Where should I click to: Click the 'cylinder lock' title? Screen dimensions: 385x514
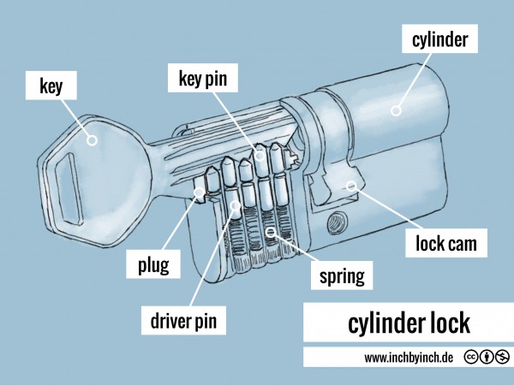pos(409,324)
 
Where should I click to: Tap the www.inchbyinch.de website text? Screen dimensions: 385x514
pos(408,357)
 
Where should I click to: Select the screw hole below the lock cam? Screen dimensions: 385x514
pos(334,224)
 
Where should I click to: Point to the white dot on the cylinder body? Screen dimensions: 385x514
pos(396,110)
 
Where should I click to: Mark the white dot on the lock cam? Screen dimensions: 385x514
pos(351,185)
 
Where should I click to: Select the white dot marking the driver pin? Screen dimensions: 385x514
pos(234,205)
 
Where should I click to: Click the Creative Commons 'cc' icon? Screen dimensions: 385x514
pos(470,357)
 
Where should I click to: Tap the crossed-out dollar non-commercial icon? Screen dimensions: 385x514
pos(501,357)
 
